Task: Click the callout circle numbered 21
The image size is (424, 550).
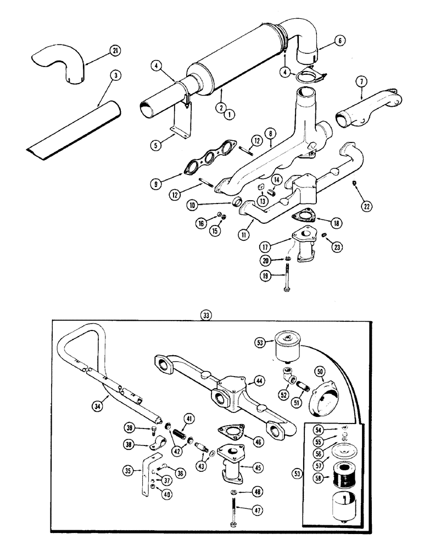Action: (x=114, y=51)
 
